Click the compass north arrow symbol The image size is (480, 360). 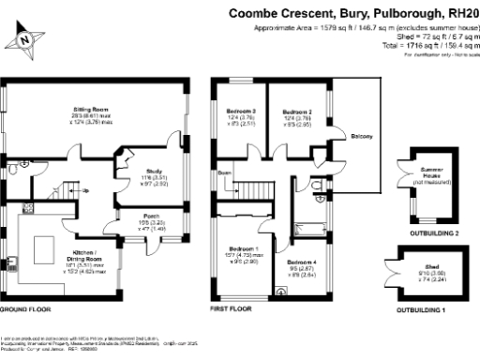tap(25, 39)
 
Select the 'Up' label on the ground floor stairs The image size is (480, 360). tap(87, 191)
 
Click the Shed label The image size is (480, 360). tap(432, 267)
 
